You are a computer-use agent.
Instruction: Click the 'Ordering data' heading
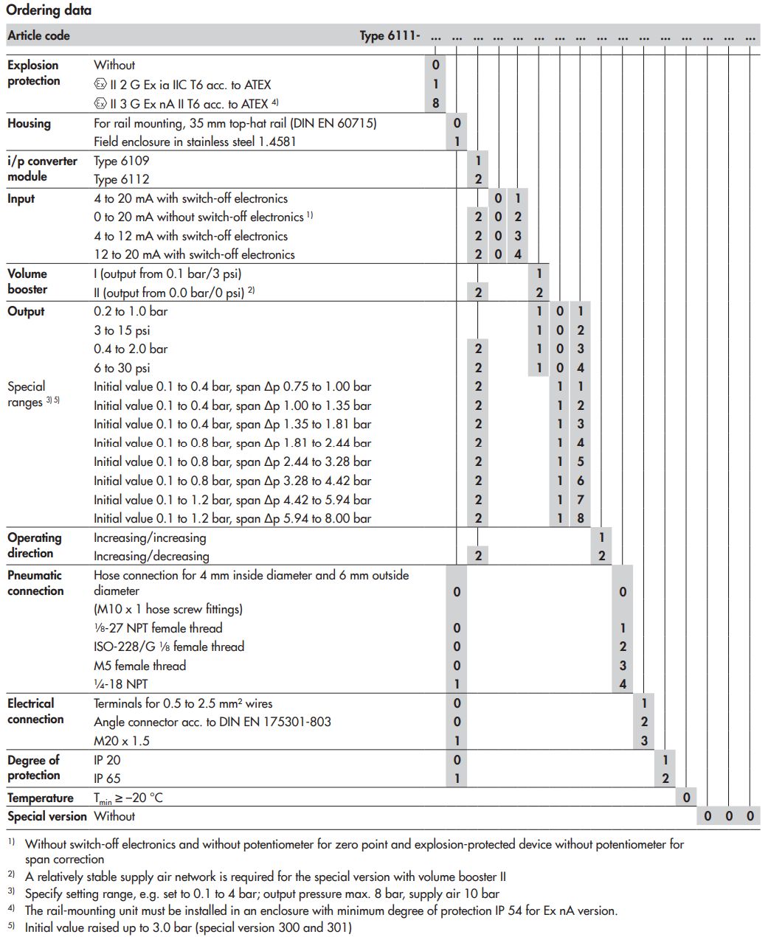pos(49,10)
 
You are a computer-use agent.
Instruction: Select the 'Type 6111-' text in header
pos(390,35)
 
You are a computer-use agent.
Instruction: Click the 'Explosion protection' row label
pos(33,73)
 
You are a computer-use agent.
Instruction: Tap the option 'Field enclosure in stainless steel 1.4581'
pos(195,142)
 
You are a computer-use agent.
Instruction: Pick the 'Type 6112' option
pos(121,179)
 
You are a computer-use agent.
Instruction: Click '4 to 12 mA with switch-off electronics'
pos(190,236)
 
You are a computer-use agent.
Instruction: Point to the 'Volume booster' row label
pos(27,282)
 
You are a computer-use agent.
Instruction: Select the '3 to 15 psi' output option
pos(122,330)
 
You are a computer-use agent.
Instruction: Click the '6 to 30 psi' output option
pos(122,368)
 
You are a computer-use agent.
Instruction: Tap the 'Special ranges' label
pos(27,394)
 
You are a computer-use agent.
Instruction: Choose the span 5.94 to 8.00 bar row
pos(232,518)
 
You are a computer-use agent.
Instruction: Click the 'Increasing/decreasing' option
pos(151,556)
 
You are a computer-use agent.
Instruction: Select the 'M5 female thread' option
pos(139,665)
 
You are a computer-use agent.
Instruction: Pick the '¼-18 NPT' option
pos(120,684)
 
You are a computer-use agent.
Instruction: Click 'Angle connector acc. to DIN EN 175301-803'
pos(212,722)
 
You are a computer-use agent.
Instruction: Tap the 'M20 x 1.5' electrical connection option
pos(121,741)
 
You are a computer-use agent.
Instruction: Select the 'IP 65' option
pos(107,778)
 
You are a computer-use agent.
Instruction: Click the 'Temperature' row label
pos(41,798)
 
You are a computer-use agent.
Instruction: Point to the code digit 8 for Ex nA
pos(435,103)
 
